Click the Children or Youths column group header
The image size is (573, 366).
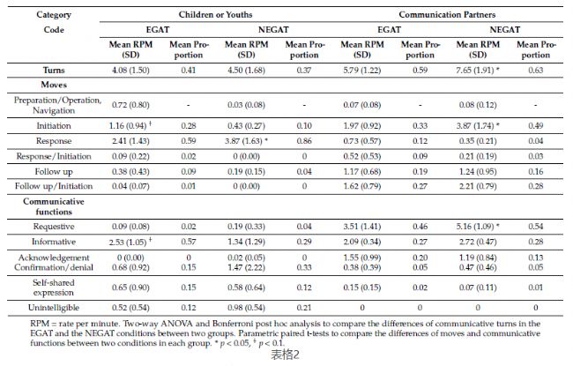[215, 15]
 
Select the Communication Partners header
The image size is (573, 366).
[447, 15]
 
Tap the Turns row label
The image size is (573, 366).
[54, 70]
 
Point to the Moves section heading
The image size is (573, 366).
[54, 85]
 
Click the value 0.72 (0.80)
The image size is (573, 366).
[130, 105]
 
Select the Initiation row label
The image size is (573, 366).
[54, 126]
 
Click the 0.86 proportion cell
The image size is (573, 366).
[304, 141]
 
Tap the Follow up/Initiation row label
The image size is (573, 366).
[54, 186]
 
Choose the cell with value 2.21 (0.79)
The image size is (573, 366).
[478, 186]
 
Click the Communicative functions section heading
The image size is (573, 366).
[54, 206]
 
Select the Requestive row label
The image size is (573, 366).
[54, 227]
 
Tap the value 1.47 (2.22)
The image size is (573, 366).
[246, 267]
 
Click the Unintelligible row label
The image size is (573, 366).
[54, 308]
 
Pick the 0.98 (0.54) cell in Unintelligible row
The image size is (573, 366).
[246, 308]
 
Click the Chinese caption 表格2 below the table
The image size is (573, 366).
[285, 355]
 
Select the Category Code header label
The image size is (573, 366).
[54, 22]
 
